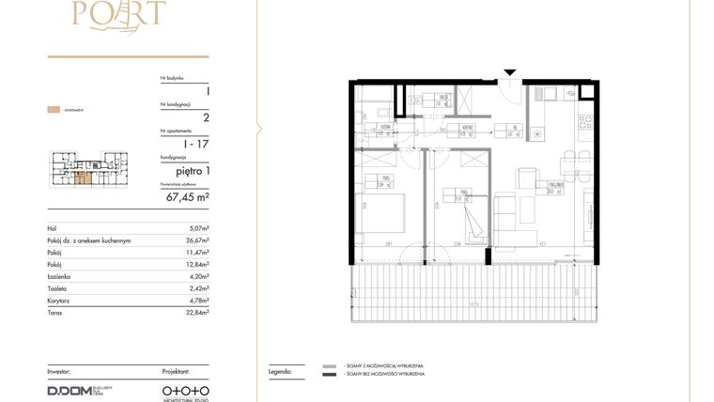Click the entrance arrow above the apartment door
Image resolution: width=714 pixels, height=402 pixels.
pos(509,71)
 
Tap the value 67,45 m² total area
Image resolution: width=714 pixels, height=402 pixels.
pos(188,197)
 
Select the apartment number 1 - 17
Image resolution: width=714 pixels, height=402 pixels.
pos(196,144)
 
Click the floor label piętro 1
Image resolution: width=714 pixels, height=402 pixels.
pos(192,170)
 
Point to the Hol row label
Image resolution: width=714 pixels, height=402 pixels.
pos(52,228)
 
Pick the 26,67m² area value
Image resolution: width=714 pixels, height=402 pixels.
pos(195,240)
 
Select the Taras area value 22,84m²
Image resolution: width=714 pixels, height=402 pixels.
pos(195,313)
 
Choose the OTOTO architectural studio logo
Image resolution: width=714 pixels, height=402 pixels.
pos(185,390)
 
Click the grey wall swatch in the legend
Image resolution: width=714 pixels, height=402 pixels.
pos(328,365)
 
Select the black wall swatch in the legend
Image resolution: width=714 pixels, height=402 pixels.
pos(328,376)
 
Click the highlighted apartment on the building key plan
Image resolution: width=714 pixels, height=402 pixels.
pos(84,176)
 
